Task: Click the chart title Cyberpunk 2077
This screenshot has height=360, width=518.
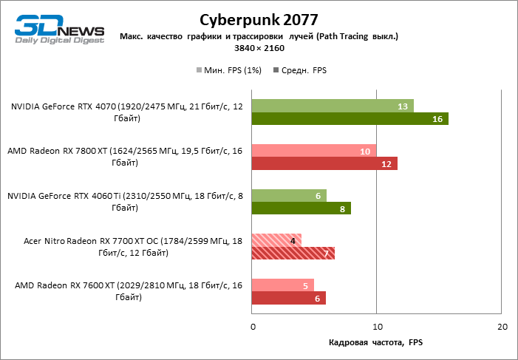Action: [x=259, y=18]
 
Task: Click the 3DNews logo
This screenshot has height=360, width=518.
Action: [x=60, y=29]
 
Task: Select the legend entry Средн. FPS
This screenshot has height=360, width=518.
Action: [x=300, y=70]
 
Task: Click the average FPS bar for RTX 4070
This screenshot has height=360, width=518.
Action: [x=350, y=119]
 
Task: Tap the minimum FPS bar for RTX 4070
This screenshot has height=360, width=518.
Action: [x=333, y=106]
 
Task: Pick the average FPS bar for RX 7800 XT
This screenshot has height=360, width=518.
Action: [x=324, y=163]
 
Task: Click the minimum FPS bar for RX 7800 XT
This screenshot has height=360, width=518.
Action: [x=314, y=151]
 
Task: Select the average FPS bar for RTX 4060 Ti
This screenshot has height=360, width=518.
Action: [x=301, y=208]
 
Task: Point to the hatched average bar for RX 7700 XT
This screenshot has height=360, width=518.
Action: [x=293, y=254]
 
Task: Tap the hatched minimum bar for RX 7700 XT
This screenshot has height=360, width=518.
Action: [x=276, y=240]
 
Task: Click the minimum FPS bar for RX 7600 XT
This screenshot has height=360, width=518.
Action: [x=282, y=285]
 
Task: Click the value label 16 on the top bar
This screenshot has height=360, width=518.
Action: [x=437, y=119]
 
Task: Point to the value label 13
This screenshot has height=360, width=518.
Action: [x=403, y=106]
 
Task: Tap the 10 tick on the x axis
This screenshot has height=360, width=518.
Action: [x=377, y=327]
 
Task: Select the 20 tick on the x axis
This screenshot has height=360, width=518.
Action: [x=502, y=327]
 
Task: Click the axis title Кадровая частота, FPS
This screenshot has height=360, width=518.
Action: [x=376, y=344]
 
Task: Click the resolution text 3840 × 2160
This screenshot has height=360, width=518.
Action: [x=259, y=48]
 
